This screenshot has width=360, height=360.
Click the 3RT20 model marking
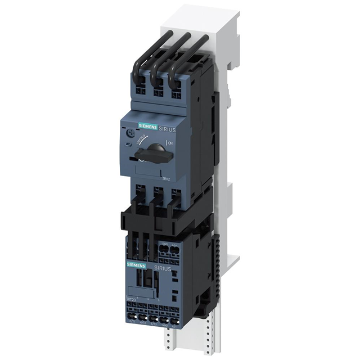tap(129, 300)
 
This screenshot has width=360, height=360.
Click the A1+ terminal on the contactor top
tap(175, 244)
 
